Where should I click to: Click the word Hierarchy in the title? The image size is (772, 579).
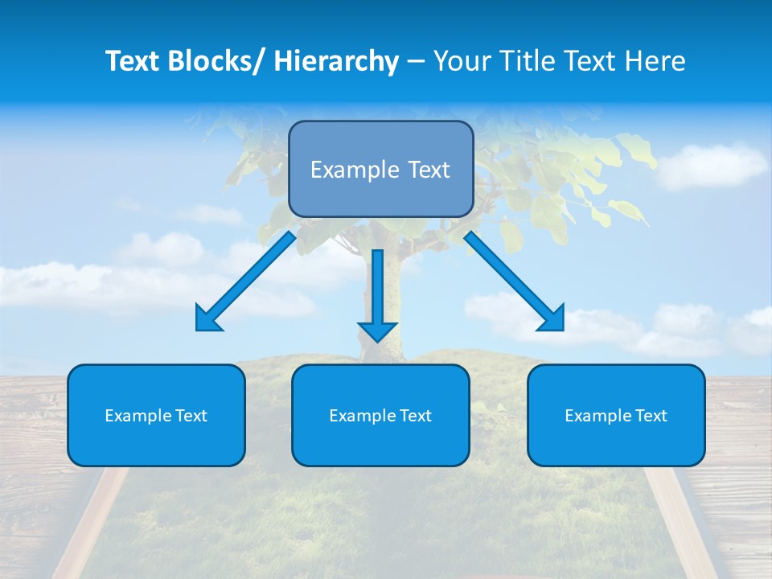coord(336,61)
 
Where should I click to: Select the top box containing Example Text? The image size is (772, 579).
coord(380,169)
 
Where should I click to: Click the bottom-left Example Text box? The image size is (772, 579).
coord(156,415)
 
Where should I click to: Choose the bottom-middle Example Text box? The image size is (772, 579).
coord(380,415)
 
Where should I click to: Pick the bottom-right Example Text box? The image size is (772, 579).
coord(616,415)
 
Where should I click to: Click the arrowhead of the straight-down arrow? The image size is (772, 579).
coord(377,331)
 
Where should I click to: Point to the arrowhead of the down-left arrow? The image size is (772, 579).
coord(207,319)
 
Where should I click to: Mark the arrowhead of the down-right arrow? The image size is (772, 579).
coord(553,319)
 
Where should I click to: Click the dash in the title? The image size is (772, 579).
coord(416,62)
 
